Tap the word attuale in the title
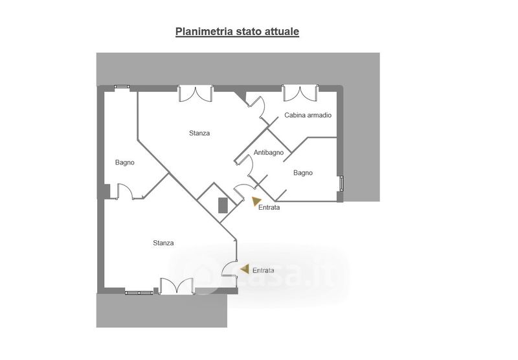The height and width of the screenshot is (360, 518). pyautogui.click(x=280, y=31)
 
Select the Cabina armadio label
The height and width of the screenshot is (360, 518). pyautogui.click(x=308, y=115)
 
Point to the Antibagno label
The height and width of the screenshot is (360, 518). pyautogui.click(x=269, y=153)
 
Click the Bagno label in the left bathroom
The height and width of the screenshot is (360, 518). pyautogui.click(x=125, y=163)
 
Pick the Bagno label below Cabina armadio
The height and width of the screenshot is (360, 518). pyautogui.click(x=303, y=173)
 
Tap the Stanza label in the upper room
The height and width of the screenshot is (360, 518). pyautogui.click(x=199, y=133)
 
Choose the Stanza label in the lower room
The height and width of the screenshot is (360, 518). pyautogui.click(x=163, y=243)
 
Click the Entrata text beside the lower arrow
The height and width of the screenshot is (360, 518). pyautogui.click(x=264, y=271)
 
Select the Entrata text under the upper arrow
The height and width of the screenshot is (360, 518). pyautogui.click(x=269, y=208)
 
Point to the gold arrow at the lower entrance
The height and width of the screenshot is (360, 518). pyautogui.click(x=244, y=268)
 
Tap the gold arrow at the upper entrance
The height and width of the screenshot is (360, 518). pyautogui.click(x=257, y=201)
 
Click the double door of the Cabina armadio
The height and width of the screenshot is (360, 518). pyautogui.click(x=300, y=93)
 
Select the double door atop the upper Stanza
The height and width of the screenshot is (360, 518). pyautogui.click(x=196, y=93)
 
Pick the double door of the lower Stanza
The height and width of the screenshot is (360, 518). pyautogui.click(x=176, y=286)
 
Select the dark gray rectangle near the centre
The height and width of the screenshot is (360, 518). pyautogui.click(x=223, y=205)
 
